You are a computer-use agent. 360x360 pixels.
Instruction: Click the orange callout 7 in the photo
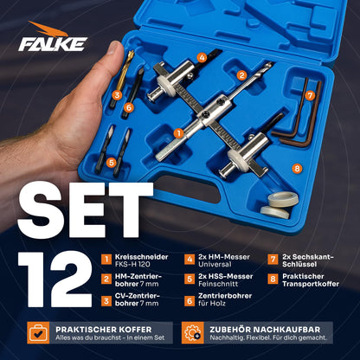(x=309, y=94)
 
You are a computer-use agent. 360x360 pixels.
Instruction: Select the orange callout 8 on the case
(x=297, y=167)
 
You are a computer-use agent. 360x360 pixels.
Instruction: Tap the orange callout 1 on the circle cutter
(x=179, y=132)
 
